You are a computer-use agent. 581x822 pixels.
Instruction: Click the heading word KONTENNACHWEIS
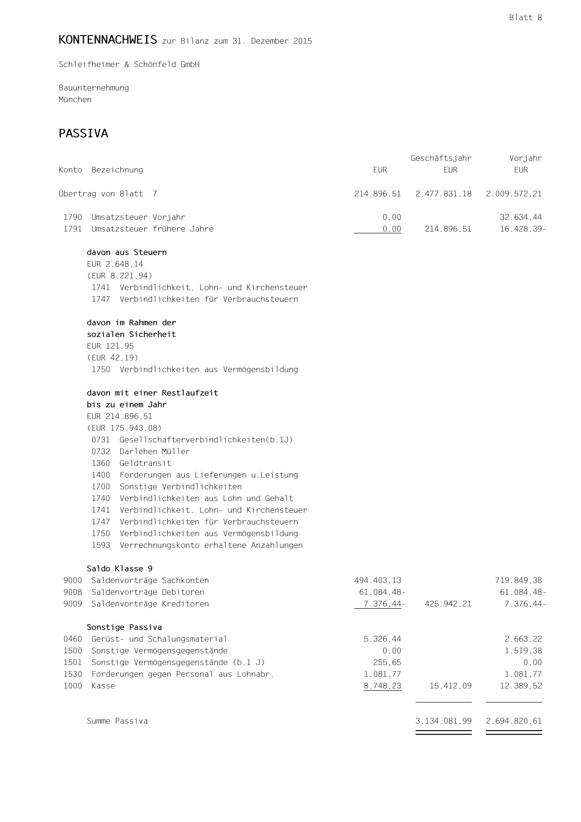click(x=108, y=40)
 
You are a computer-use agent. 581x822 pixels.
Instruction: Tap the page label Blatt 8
click(x=525, y=18)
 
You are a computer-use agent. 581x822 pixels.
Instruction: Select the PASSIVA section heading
click(x=83, y=134)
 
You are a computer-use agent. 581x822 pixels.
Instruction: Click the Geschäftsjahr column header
click(x=441, y=158)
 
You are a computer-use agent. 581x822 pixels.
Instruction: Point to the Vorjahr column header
click(x=525, y=158)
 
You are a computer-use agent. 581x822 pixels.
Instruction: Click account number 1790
click(x=73, y=217)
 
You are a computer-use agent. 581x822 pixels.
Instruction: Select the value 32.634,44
click(x=521, y=217)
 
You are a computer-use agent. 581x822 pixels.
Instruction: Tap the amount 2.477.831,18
click(x=443, y=194)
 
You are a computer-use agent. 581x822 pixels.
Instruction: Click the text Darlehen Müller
click(x=155, y=452)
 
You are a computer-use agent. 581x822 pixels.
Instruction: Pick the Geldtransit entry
click(x=145, y=463)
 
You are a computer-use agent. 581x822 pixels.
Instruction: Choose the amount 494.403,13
click(x=378, y=581)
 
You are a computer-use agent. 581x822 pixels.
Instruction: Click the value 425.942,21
click(x=448, y=604)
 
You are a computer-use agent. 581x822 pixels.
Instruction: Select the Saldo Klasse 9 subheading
click(x=119, y=569)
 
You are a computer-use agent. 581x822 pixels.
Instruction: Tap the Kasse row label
click(x=103, y=686)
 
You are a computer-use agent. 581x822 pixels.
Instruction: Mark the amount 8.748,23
click(x=382, y=686)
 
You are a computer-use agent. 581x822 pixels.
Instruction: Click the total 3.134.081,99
click(x=443, y=721)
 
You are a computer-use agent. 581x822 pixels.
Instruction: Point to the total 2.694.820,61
click(x=514, y=721)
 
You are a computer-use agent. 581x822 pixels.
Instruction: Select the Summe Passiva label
click(x=117, y=721)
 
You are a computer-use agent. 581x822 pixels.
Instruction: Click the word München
click(x=75, y=100)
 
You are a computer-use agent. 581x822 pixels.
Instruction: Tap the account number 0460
click(x=73, y=639)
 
